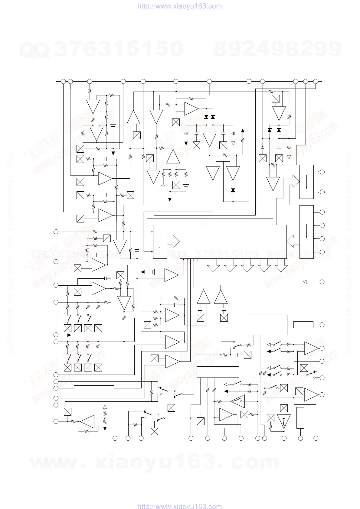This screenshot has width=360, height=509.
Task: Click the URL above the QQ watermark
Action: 179,6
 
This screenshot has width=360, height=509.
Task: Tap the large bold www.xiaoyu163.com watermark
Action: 155,462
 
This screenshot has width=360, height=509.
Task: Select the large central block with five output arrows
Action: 233,242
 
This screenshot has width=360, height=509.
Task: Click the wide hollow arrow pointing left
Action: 293,241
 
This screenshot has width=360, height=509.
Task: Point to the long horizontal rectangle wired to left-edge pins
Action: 94,388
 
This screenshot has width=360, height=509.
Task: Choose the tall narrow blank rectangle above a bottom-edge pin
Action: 300,418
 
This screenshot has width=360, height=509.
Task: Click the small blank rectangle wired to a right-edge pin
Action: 303,325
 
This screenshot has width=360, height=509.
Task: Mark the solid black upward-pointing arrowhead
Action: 242,131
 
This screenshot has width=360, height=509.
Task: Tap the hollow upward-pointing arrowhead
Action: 105,407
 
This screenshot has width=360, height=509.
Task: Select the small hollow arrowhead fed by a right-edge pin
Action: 305,282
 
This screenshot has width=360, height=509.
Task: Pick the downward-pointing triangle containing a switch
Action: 284,421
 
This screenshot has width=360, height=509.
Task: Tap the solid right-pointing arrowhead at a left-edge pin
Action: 69,335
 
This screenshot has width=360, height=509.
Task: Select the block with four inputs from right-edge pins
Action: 306,232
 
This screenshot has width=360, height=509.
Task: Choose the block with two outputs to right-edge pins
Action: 306,182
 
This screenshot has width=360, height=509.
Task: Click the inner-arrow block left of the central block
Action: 160,242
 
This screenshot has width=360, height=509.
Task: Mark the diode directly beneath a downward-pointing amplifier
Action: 233,190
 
